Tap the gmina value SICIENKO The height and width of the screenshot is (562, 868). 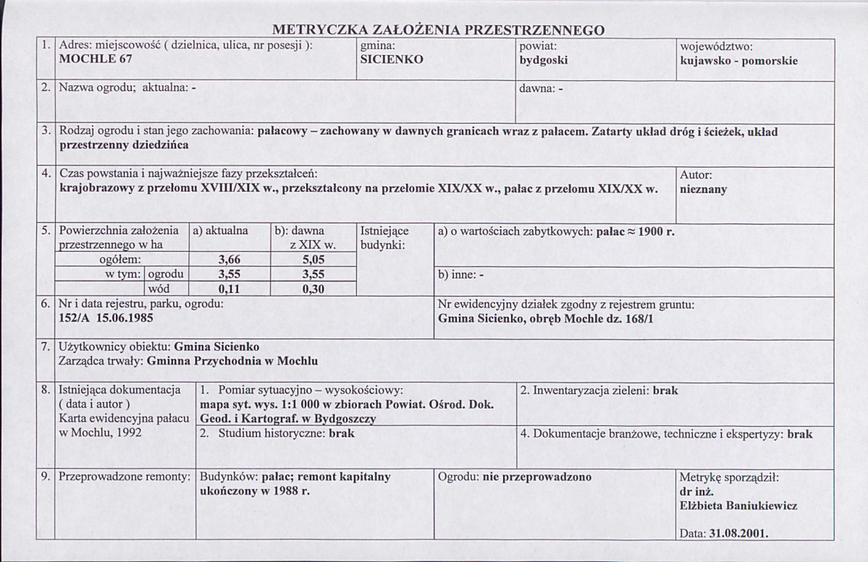[392, 60]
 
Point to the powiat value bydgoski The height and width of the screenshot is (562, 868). [544, 60]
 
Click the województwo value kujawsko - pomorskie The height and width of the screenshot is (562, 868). [739, 60]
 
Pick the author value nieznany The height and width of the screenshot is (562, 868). [704, 190]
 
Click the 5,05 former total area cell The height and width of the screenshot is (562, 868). [312, 259]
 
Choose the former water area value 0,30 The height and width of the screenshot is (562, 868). [312, 289]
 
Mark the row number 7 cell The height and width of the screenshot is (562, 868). [46, 346]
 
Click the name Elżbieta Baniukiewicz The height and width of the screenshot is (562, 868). [734, 506]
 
